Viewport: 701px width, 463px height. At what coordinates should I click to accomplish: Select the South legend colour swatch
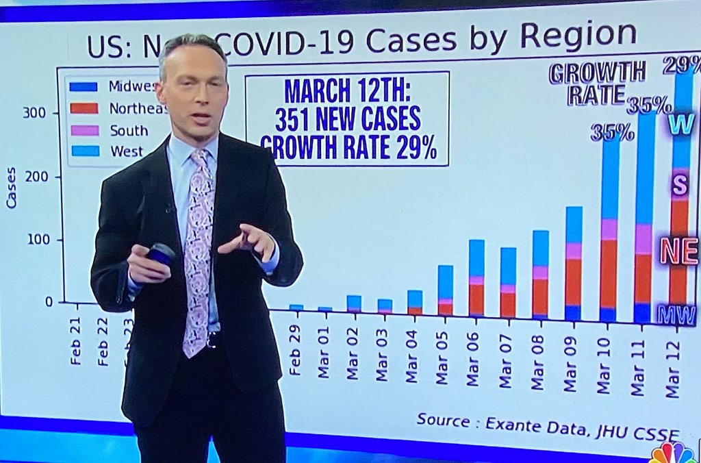pyautogui.click(x=83, y=130)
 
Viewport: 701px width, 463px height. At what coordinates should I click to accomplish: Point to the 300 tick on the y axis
pyautogui.click(x=34, y=112)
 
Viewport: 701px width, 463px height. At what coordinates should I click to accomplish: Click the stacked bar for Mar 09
pyautogui.click(x=574, y=264)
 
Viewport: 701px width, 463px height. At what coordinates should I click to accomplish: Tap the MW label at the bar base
pyautogui.click(x=676, y=314)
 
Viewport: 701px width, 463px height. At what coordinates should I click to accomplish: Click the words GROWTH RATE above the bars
pyautogui.click(x=596, y=83)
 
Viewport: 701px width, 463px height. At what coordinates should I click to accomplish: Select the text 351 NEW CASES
pyautogui.click(x=347, y=120)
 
